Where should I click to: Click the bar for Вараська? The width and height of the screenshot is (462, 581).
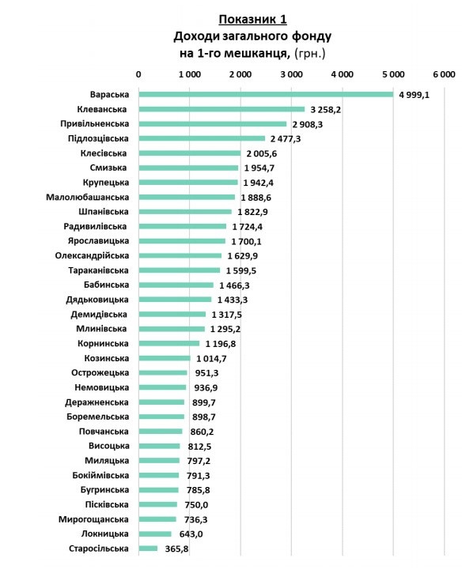click(x=266, y=95)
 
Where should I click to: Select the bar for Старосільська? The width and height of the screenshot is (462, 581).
click(x=148, y=549)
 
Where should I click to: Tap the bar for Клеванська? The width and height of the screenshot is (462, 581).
click(x=222, y=109)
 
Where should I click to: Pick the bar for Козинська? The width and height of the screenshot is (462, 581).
click(x=165, y=358)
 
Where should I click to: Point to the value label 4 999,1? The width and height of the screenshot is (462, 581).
click(x=415, y=95)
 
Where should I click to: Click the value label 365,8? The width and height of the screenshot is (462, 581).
click(x=176, y=549)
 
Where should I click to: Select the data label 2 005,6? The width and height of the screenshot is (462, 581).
click(x=261, y=154)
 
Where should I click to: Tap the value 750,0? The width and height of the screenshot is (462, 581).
click(x=196, y=505)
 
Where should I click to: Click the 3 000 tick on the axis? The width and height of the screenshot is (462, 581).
click(x=291, y=74)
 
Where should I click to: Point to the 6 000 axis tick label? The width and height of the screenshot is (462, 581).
click(x=445, y=74)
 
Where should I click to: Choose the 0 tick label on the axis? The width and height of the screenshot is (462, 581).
click(x=138, y=74)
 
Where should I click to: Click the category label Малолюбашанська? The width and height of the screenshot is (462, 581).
click(x=88, y=197)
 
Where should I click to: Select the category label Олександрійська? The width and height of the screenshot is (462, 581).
click(x=92, y=255)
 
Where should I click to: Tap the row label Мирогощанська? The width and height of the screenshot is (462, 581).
click(x=93, y=519)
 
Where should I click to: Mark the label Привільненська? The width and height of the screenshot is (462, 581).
click(x=95, y=124)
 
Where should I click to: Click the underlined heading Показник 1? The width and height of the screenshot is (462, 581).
click(x=252, y=19)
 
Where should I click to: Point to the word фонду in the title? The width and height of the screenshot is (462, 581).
click(x=311, y=36)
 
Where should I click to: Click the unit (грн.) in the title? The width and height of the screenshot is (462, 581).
click(x=309, y=54)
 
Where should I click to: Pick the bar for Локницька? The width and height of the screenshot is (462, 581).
click(x=155, y=534)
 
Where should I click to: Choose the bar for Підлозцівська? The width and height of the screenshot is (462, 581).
click(x=202, y=138)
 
